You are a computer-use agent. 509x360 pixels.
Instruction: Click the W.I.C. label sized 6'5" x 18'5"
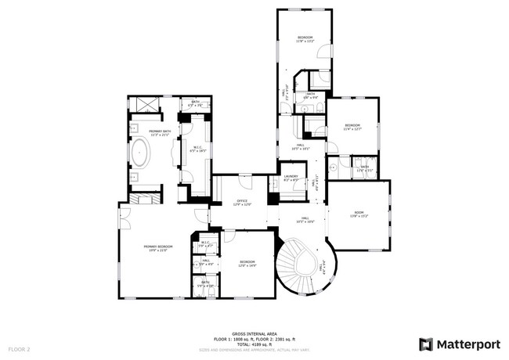(x=194, y=147)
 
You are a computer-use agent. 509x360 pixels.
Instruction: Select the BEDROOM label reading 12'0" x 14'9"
(x=247, y=263)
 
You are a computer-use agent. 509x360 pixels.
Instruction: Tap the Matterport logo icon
(x=426, y=344)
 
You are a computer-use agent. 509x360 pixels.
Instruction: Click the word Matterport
(x=467, y=344)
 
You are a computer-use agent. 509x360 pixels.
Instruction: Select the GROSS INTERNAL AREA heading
(x=254, y=333)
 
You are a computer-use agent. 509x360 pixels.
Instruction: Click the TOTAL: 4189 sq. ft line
(x=254, y=343)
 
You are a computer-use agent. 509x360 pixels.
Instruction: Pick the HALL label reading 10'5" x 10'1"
(x=301, y=146)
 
